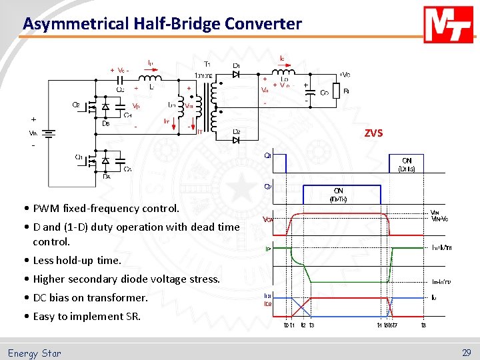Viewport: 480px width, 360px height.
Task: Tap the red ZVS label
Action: coord(373,133)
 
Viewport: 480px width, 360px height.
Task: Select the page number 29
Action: coord(465,353)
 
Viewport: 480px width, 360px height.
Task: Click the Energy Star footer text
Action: coord(34,353)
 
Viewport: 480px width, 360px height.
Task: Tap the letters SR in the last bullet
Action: coord(133,317)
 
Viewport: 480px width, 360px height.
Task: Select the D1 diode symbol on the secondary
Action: coord(237,74)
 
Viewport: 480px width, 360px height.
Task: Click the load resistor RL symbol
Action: coord(337,91)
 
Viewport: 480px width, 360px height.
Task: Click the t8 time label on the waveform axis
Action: coord(423,326)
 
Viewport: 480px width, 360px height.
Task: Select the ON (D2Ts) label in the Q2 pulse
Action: coord(339,195)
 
